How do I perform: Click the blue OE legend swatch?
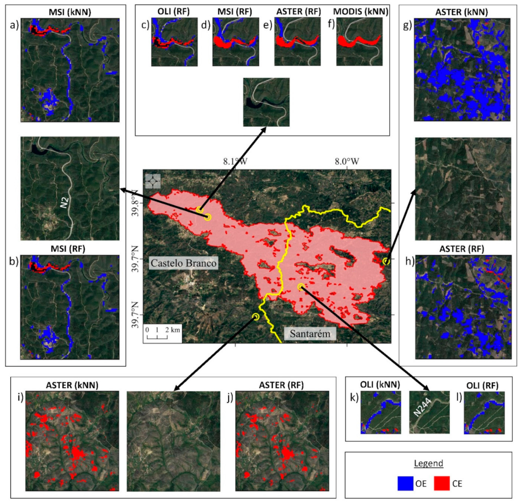point(408,483)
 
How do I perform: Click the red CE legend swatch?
point(442,483)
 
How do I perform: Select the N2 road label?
point(65,204)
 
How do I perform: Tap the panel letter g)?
point(408,25)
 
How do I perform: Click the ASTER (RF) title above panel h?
point(464,249)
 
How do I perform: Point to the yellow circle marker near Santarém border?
point(256,317)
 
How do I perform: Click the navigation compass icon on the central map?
point(153,180)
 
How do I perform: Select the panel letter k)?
point(353,397)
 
